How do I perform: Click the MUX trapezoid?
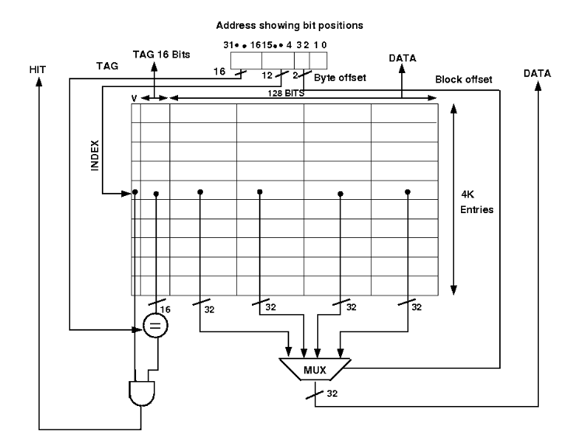tap(314, 366)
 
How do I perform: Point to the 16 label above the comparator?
tap(166, 309)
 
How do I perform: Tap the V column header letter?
tap(135, 98)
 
